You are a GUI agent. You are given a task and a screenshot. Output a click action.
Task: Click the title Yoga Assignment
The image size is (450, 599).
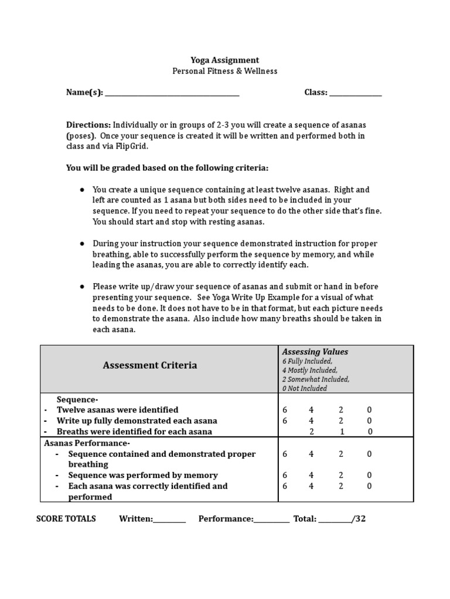coord(224,60)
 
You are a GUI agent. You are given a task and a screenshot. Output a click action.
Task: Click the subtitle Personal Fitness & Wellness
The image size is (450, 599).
coord(224,71)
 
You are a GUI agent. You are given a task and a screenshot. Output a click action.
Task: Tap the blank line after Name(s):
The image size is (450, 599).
coord(172,93)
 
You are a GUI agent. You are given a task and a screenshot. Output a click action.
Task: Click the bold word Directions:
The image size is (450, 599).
coord(88,125)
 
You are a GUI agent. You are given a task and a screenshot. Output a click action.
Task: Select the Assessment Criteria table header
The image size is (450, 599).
coord(150,366)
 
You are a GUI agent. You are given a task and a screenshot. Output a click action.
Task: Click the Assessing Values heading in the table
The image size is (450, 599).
coord(315,352)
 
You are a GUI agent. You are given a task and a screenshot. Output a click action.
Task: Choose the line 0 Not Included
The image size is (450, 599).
coord(304,388)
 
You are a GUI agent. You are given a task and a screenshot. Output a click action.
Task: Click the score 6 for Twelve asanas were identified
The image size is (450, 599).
coord(285,410)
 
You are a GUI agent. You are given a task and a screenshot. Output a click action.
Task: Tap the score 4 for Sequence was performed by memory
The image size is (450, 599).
coord(312,476)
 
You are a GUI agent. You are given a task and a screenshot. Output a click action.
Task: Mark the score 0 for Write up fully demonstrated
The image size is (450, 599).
coord(369,421)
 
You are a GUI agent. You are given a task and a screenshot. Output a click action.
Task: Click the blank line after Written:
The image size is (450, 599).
coord(169,519)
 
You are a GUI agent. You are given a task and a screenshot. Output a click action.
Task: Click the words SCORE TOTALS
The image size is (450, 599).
coord(66,519)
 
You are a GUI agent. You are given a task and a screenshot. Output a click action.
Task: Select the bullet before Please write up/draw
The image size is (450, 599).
coord(81,287)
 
